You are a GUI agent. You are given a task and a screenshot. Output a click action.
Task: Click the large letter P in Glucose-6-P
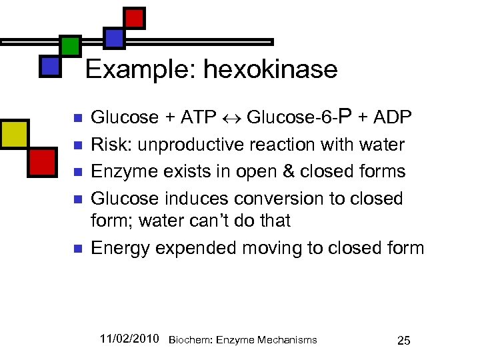click(x=345, y=117)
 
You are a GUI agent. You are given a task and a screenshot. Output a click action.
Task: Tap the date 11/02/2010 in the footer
click(x=129, y=339)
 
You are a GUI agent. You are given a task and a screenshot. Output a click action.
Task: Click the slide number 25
click(x=403, y=341)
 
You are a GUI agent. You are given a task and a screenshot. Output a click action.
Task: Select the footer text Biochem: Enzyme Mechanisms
click(x=243, y=340)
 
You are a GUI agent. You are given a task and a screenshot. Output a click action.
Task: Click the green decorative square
click(x=70, y=46)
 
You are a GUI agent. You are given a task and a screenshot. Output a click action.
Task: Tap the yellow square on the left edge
click(x=14, y=134)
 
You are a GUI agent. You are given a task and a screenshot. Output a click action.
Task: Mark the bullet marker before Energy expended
click(x=77, y=249)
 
